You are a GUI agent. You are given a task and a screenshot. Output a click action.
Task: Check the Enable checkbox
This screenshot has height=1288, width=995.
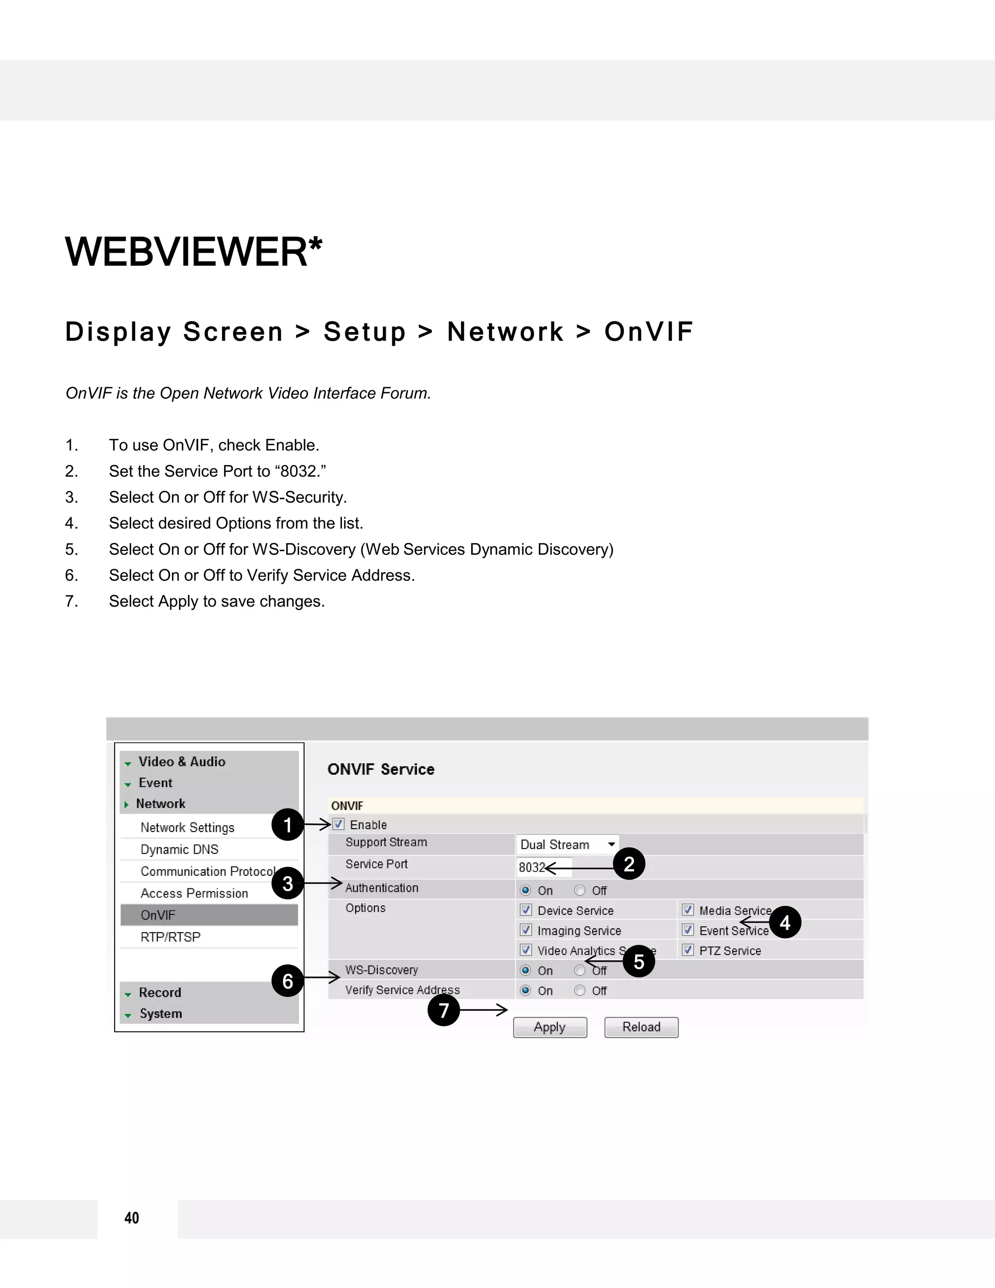coord(338,824)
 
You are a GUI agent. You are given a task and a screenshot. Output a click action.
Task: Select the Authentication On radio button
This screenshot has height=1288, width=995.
coord(526,890)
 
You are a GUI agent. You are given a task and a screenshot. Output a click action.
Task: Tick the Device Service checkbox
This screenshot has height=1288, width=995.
coord(526,910)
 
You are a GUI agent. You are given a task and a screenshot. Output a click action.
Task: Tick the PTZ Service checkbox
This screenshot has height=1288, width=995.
coord(687,950)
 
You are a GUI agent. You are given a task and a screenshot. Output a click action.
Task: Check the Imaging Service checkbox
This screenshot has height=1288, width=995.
coord(526,930)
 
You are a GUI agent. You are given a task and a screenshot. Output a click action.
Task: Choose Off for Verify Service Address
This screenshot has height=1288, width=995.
coord(580,990)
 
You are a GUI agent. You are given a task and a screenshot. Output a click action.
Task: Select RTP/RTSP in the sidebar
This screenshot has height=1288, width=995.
coord(171,937)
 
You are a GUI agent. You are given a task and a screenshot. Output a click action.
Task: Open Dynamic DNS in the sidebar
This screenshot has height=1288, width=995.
coord(179,849)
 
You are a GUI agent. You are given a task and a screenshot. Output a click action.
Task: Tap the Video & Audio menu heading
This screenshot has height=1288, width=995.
coord(182,761)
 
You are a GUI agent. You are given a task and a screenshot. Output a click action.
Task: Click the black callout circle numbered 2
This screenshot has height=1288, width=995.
coord(629,864)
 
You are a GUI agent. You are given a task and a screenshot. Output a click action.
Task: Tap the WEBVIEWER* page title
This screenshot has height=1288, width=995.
coord(193,252)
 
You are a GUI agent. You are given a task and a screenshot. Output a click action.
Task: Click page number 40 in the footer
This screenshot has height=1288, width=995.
coord(132,1218)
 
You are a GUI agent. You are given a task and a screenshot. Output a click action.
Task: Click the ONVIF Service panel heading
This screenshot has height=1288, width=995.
coord(381,769)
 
